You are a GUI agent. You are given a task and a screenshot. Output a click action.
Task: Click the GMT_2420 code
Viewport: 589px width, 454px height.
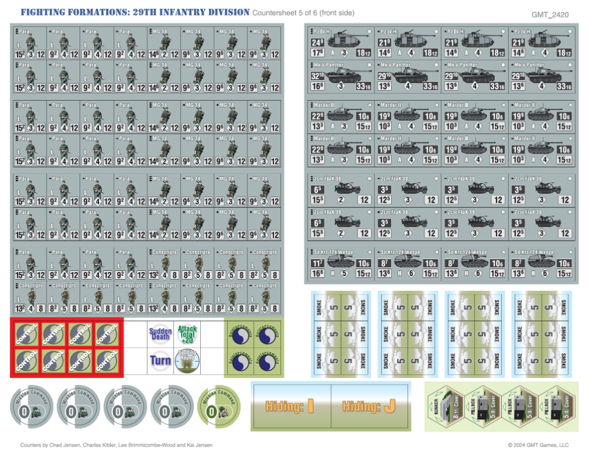tap(550, 14)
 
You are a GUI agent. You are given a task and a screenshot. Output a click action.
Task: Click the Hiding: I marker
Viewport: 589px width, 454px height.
tap(290, 406)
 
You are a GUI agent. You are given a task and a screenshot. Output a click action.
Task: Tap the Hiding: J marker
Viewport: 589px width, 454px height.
tap(370, 406)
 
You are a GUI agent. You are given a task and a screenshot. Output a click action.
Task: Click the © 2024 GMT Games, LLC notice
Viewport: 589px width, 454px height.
tap(538, 445)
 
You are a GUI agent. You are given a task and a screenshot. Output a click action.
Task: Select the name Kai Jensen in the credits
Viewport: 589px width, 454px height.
tap(198, 445)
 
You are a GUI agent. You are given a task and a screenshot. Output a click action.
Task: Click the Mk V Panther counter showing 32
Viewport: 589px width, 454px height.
tap(341, 77)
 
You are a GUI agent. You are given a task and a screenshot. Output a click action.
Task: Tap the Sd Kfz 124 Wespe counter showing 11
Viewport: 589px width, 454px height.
tap(341, 260)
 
